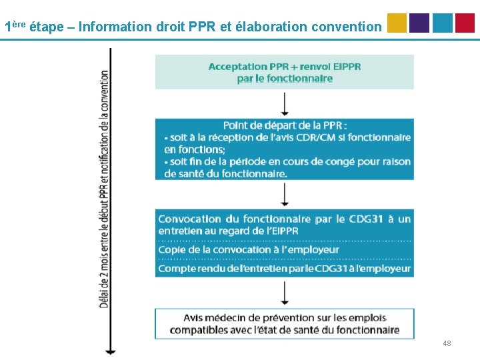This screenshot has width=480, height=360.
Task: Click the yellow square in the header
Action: (397, 23)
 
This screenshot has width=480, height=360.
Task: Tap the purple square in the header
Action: (419, 23)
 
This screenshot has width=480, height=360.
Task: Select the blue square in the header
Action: (442, 23)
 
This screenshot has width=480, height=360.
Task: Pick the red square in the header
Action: (465, 23)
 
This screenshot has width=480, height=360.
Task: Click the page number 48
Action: (447, 343)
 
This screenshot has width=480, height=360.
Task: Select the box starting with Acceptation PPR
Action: (285, 72)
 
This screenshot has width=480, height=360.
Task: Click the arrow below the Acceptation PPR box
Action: (285, 104)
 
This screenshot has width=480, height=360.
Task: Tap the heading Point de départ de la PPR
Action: (285, 125)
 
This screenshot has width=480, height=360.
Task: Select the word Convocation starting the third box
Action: (189, 219)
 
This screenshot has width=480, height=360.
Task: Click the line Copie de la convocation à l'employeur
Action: (249, 250)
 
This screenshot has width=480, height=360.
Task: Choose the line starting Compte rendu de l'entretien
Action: (285, 268)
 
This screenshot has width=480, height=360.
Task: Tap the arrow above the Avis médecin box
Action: (285, 293)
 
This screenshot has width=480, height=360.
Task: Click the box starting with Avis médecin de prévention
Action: (285, 323)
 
